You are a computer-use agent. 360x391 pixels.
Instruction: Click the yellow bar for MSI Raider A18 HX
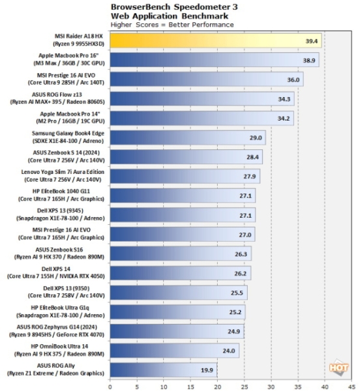pos(215,41)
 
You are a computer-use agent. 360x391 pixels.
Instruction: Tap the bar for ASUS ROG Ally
pos(163,369)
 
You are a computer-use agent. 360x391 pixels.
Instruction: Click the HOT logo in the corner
pos(338,367)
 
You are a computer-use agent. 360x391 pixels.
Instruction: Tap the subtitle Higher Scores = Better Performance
pos(172,24)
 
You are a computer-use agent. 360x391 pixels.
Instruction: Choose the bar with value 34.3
pos(202,99)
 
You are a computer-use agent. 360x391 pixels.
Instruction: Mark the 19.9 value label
pos(207,370)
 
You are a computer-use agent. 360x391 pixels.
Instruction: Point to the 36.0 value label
pos(295,80)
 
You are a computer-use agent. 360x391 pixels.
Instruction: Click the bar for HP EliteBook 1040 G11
pos(183,195)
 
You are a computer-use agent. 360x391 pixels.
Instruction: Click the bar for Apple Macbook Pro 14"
pos(202,118)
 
